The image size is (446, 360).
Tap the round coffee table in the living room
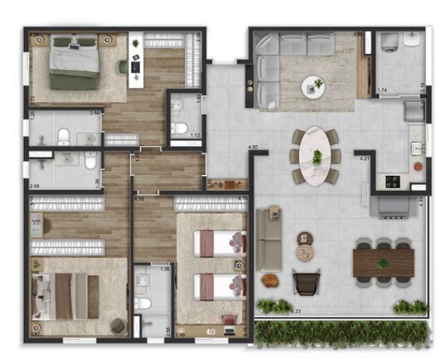coord(313,84)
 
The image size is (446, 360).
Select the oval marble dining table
coord(316,155)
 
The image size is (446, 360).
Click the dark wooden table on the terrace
coord(382,262)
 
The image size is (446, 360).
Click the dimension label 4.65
coord(254,147)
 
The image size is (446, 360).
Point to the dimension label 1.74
coord(382,90)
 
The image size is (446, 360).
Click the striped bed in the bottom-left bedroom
coord(65,294)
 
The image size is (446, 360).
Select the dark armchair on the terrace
coord(305,283)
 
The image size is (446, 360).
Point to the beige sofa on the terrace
coord(268,241)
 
